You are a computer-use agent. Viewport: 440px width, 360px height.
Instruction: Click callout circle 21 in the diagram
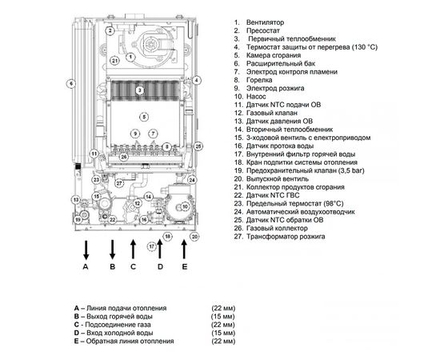pos(114,59)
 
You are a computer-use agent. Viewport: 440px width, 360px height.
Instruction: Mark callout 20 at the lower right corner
pos(194,237)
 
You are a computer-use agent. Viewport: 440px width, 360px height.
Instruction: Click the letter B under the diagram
pos(113,266)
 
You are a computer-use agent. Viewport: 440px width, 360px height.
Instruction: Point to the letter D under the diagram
pos(160,266)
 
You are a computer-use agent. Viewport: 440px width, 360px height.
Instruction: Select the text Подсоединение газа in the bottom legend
pos(120,325)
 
